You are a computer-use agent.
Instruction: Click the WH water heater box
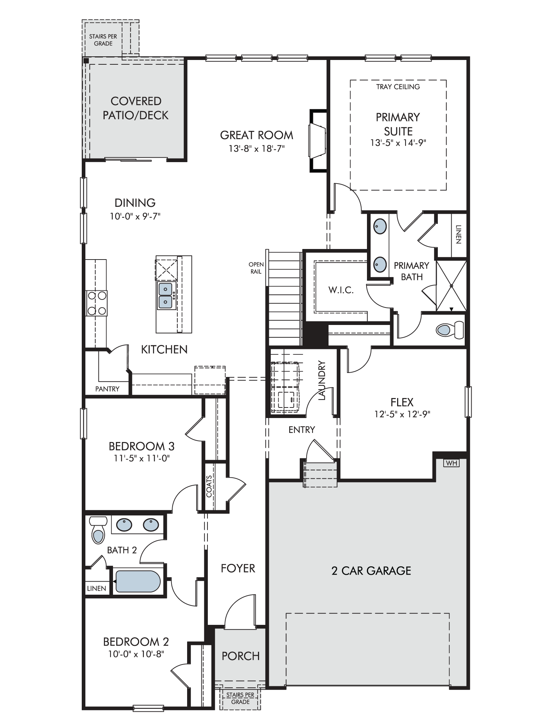[452, 463]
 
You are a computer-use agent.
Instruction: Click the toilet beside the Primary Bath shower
[450, 330]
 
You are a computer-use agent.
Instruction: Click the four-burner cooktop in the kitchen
[97, 303]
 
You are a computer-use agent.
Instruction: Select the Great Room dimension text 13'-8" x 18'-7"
[257, 149]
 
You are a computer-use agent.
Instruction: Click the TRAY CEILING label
[398, 87]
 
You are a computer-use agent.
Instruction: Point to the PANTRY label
[107, 389]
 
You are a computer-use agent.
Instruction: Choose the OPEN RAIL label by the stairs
[256, 268]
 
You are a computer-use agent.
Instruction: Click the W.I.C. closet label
[341, 290]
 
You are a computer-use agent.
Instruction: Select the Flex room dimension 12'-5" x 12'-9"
[402, 414]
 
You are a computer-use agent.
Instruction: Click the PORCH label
[241, 656]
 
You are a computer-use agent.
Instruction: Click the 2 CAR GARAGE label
[371, 571]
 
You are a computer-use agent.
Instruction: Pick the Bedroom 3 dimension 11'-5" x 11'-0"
[142, 458]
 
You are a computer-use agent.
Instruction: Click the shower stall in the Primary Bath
[451, 286]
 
